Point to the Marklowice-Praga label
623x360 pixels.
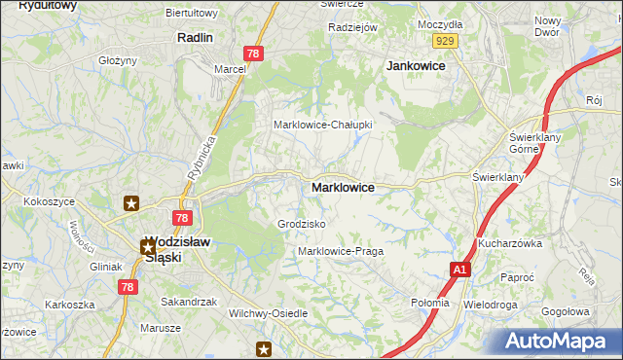point(340,251)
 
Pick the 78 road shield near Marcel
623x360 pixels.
point(252,55)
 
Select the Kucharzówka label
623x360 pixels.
point(509,243)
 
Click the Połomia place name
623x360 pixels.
point(430,303)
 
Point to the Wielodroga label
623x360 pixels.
point(491,305)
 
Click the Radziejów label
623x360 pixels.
point(352,27)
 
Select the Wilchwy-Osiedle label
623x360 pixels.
point(268,313)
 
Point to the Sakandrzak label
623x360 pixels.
point(188,302)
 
